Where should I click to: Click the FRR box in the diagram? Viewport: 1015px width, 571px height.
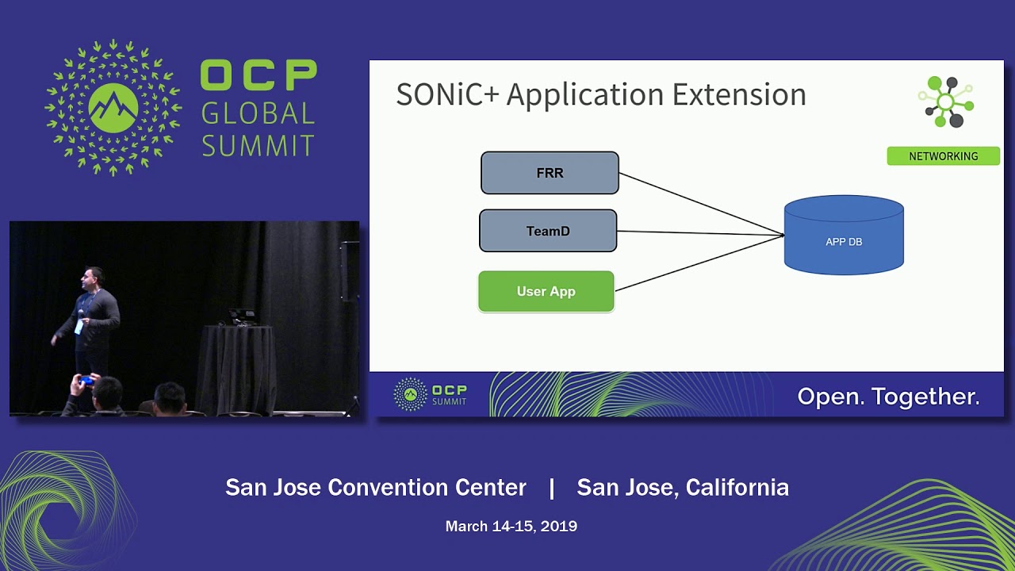click(550, 173)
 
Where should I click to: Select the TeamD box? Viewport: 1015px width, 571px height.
click(548, 231)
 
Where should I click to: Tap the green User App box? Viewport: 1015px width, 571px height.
click(546, 291)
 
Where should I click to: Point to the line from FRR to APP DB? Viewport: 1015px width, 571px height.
click(701, 204)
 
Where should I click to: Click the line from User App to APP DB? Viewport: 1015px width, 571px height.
click(698, 263)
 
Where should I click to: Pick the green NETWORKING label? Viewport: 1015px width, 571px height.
click(943, 156)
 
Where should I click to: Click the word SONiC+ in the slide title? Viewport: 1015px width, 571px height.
click(447, 94)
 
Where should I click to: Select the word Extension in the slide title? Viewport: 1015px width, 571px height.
click(739, 94)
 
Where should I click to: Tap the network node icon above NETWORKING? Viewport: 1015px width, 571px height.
click(947, 102)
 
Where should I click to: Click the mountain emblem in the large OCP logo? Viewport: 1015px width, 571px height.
click(113, 107)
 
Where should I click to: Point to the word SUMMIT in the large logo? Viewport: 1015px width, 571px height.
click(258, 145)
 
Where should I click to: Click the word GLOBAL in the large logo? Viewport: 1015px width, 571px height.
click(258, 113)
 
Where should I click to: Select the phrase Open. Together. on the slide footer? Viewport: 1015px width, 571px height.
click(888, 397)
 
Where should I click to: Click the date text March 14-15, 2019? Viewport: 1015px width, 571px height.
click(511, 526)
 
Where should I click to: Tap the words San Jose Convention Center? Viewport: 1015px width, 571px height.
click(376, 487)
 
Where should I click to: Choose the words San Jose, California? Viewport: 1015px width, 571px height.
click(683, 487)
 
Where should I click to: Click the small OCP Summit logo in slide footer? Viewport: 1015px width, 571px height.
click(431, 394)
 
